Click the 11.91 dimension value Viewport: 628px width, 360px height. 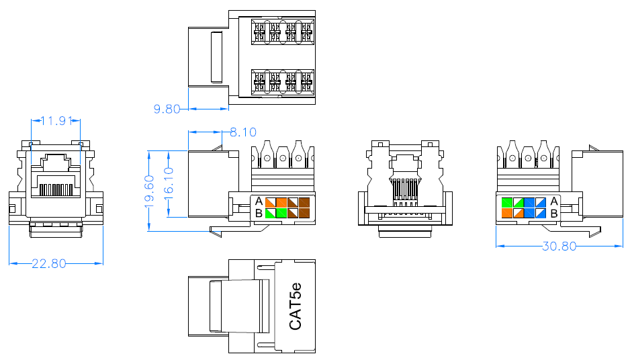(56, 122)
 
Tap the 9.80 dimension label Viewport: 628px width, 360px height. (168, 108)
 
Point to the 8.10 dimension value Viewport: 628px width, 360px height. (242, 132)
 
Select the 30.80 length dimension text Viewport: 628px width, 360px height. (559, 246)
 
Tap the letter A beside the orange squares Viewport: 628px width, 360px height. (259, 201)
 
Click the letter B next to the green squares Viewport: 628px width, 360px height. (259, 214)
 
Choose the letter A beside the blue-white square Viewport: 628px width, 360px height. (554, 201)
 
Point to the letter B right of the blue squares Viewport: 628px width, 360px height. (554, 214)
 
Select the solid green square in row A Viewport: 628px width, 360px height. (506, 201)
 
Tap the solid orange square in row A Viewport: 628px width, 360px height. (281, 201)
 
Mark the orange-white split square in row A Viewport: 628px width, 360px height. (270, 201)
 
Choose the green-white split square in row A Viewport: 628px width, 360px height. (517, 201)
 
